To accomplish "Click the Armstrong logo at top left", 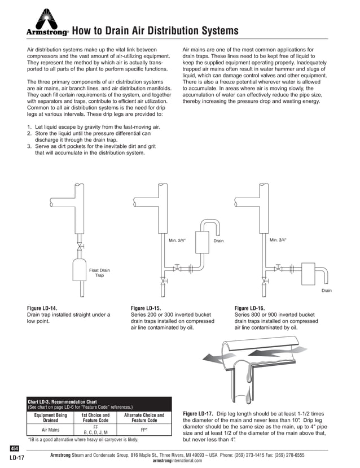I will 47,24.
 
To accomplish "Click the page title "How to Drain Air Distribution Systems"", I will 155,30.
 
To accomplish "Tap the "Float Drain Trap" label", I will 99,273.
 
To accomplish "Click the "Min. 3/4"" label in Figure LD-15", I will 177,240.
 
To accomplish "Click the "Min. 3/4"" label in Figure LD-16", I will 278,240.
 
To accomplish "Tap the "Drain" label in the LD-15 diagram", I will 218,241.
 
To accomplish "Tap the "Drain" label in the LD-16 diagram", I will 326,291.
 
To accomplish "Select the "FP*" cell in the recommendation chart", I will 144,430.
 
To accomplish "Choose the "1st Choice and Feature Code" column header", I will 95,418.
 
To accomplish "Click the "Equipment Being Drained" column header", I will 51,418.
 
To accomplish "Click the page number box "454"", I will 15,448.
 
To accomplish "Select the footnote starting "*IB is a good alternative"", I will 83,439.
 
